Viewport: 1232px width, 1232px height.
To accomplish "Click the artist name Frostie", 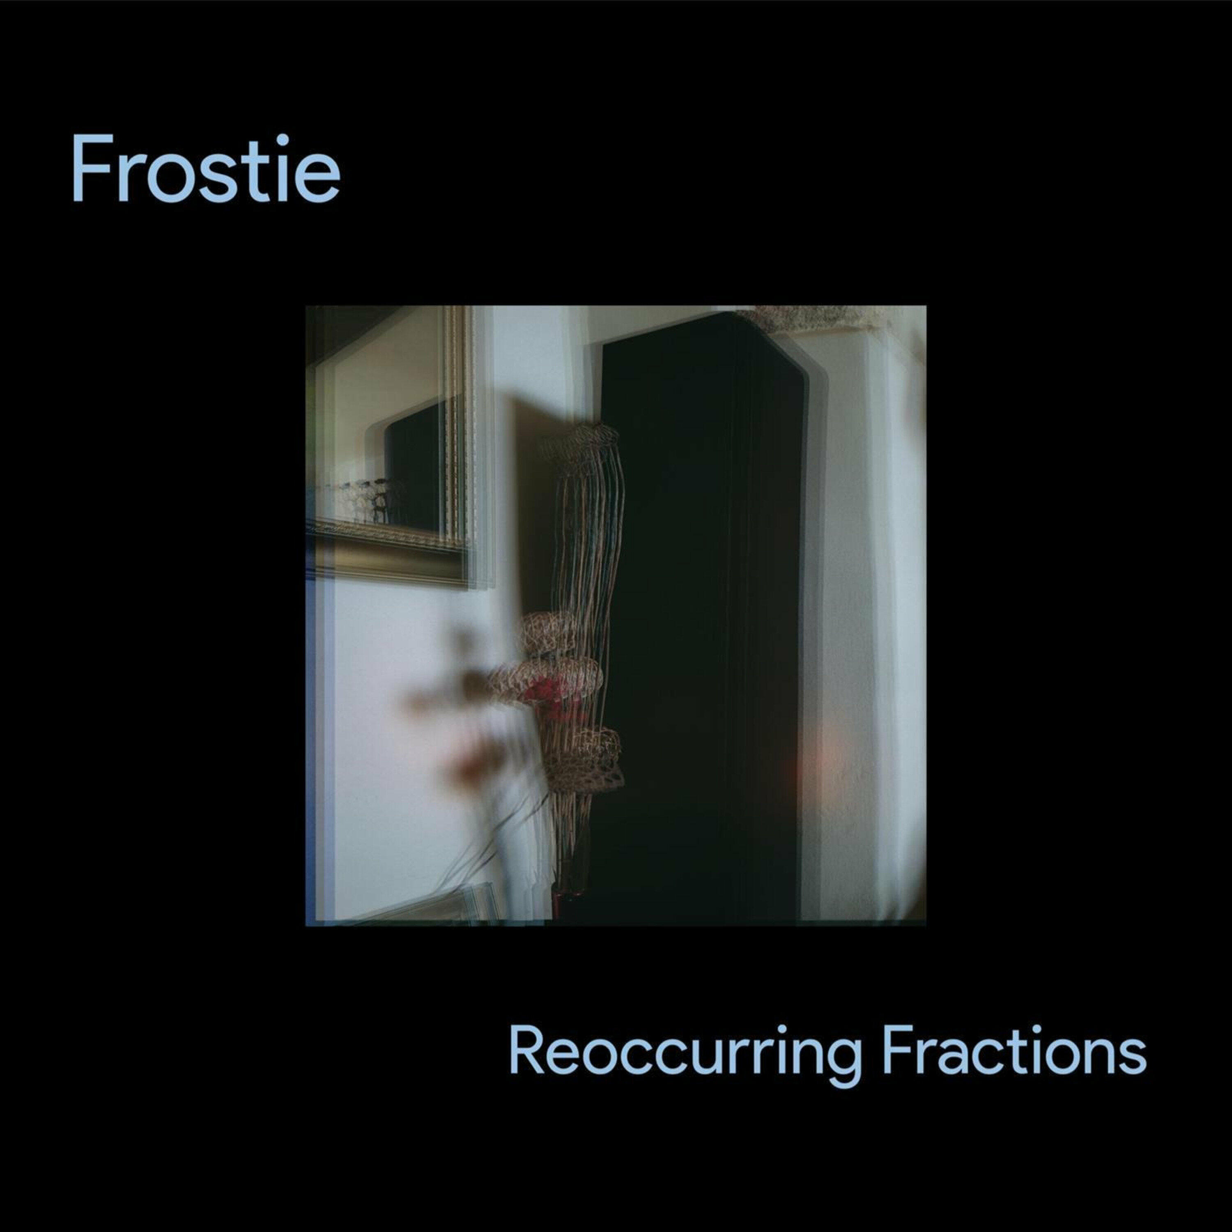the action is point(205,169).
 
